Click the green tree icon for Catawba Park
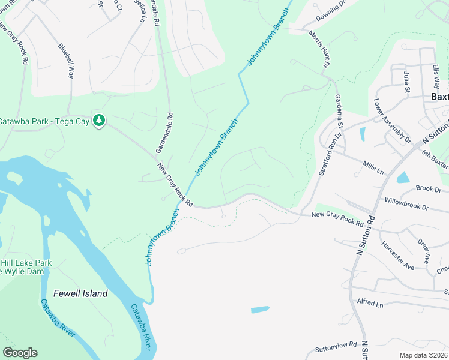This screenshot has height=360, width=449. pyautogui.click(x=99, y=121)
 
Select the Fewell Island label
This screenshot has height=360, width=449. pyautogui.click(x=80, y=293)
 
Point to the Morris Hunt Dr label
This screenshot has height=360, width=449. pyautogui.click(x=321, y=50)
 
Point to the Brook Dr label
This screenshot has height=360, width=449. pyautogui.click(x=428, y=188)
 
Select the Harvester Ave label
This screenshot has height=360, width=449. pyautogui.click(x=397, y=255)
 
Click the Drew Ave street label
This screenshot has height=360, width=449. pyautogui.click(x=424, y=250)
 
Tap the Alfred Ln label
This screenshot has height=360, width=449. pyautogui.click(x=370, y=304)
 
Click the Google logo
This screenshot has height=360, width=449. pyautogui.click(x=20, y=353)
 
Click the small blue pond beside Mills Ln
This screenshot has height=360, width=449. pyautogui.click(x=403, y=178)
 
